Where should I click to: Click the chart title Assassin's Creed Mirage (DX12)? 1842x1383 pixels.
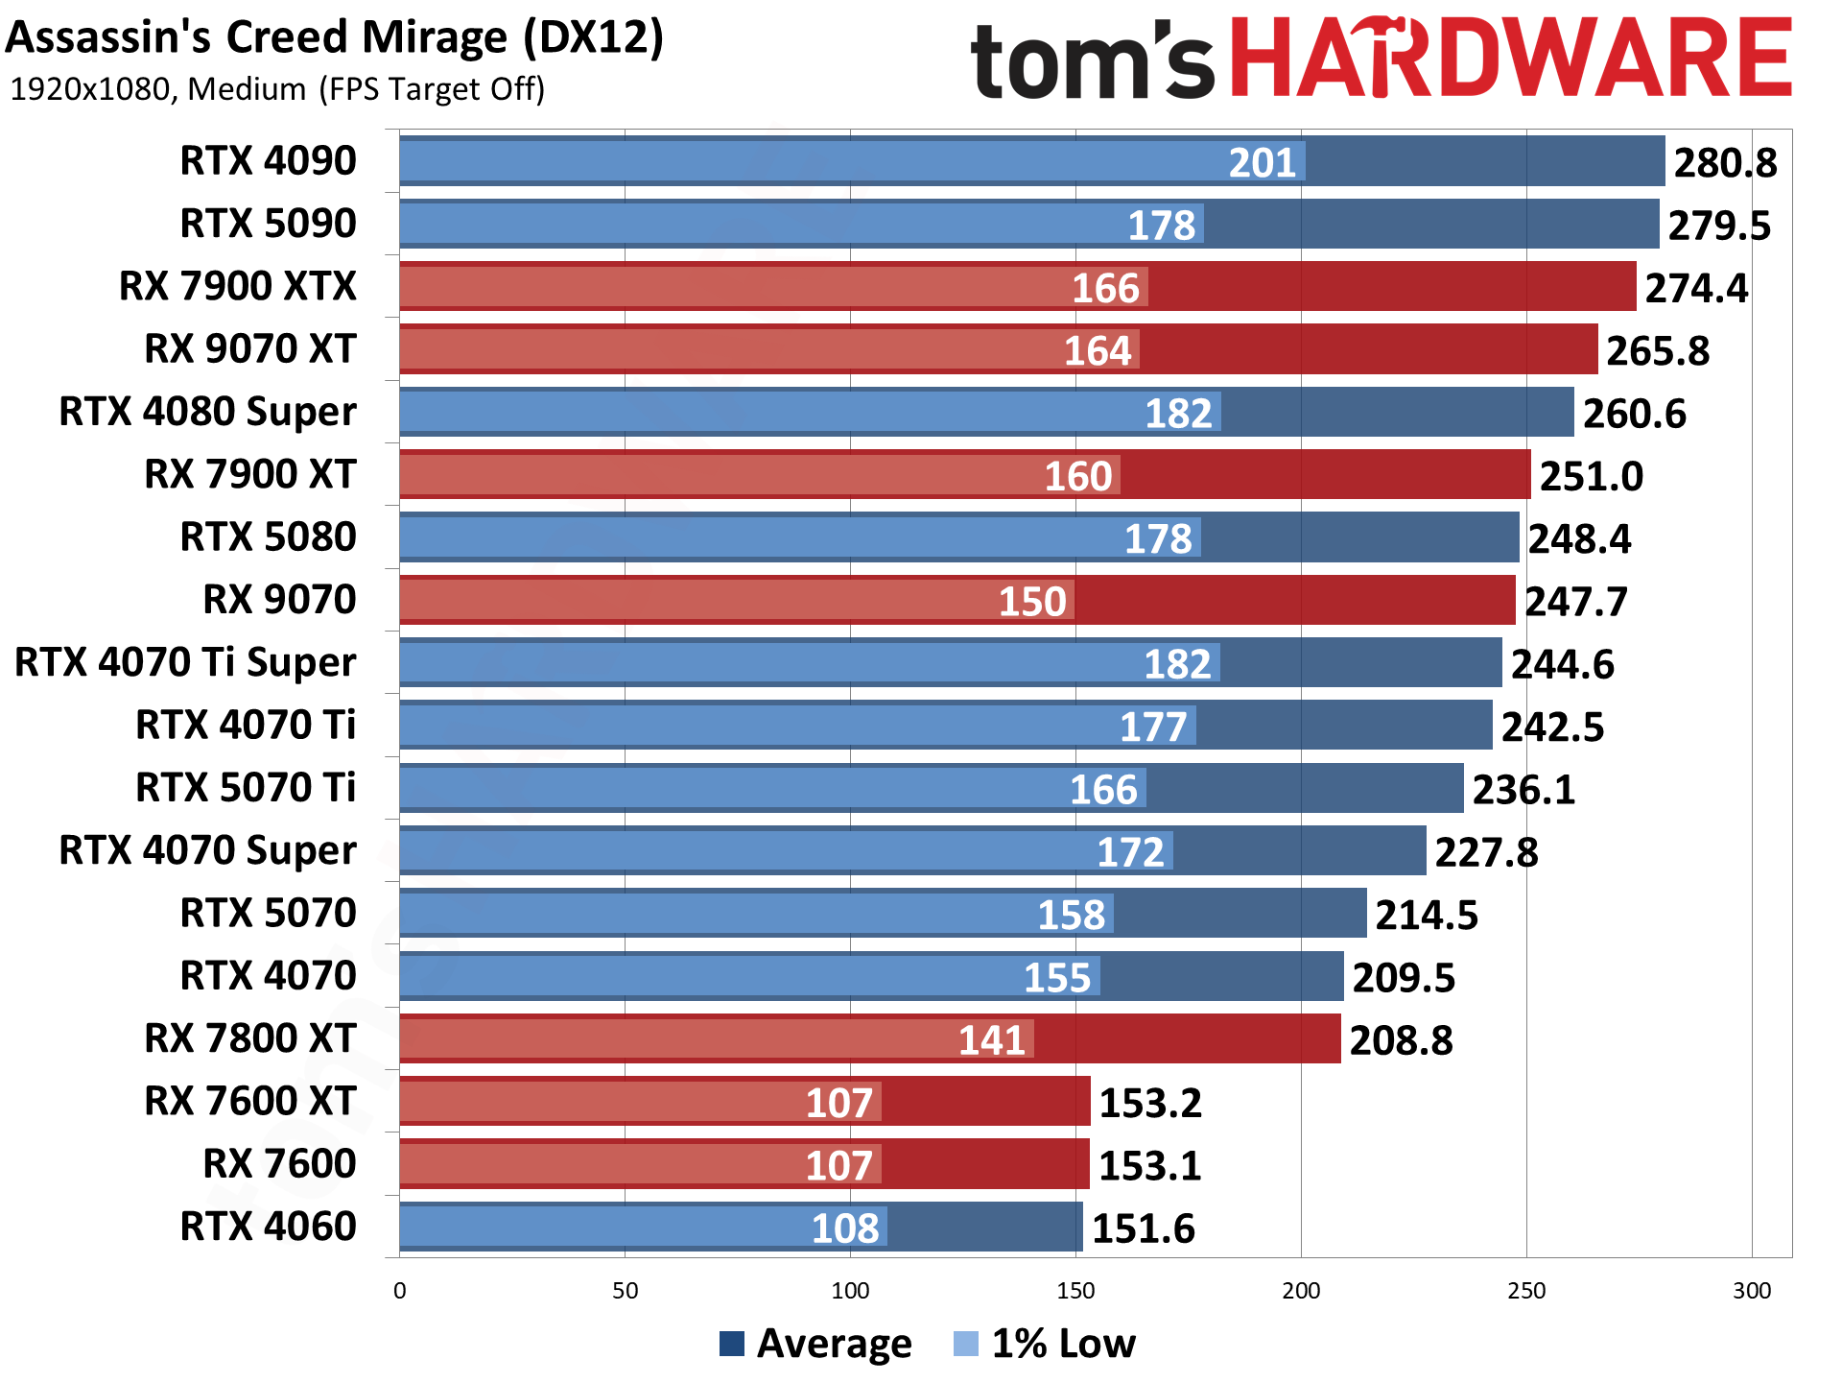click(334, 38)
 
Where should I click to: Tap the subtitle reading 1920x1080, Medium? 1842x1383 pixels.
click(276, 89)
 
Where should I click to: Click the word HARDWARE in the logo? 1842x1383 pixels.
click(1510, 60)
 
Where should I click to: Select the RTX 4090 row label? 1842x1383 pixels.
click(268, 161)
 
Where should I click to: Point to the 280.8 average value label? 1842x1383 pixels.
click(1724, 163)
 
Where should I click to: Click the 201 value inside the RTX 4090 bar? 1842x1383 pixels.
click(1262, 163)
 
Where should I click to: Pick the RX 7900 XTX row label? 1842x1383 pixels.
click(237, 286)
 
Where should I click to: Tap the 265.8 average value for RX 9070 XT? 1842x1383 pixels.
click(1657, 351)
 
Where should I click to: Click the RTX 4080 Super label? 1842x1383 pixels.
click(207, 412)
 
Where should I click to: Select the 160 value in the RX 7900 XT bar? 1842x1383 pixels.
click(1077, 477)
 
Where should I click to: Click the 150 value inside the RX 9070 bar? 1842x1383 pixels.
click(1032, 602)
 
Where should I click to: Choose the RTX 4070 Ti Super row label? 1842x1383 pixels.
click(185, 662)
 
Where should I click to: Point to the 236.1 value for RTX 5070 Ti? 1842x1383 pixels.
click(1523, 790)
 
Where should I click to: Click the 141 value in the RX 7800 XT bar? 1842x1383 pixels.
click(992, 1040)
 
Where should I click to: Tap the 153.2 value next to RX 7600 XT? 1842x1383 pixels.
click(1149, 1104)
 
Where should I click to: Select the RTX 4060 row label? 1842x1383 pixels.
click(268, 1227)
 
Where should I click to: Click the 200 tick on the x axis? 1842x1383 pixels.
click(1301, 1291)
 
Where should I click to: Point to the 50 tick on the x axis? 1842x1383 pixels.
click(625, 1291)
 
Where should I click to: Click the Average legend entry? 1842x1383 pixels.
click(815, 1344)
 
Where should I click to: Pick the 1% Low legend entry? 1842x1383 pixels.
click(1046, 1344)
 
